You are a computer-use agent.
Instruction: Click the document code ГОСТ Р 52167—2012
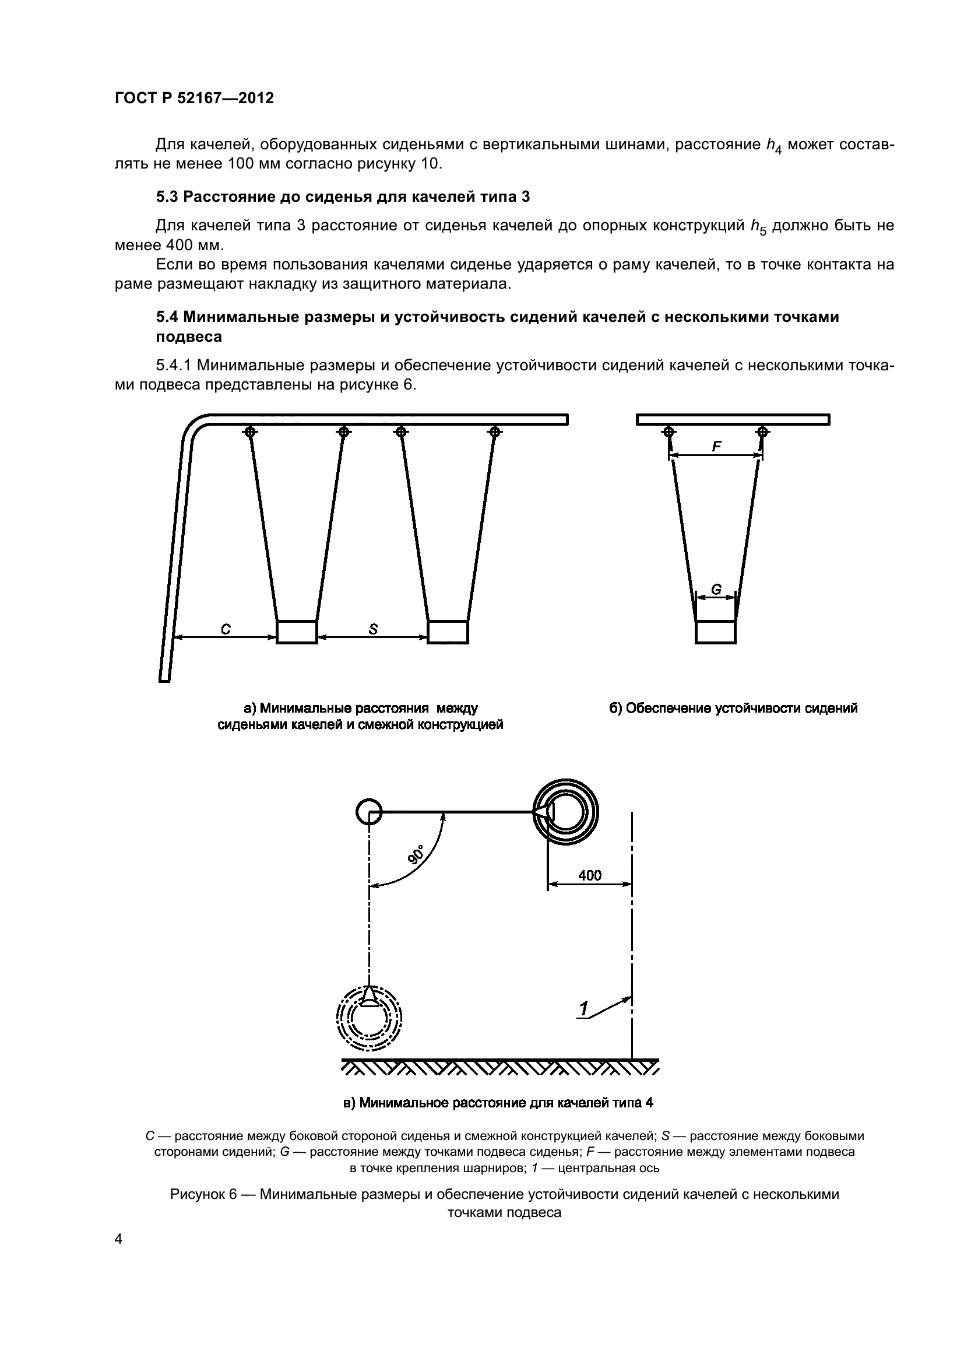pyautogui.click(x=194, y=99)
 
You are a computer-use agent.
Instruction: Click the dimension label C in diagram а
pyautogui.click(x=226, y=629)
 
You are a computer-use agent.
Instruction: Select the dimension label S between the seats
pyautogui.click(x=373, y=629)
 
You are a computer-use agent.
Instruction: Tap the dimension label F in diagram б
pyautogui.click(x=716, y=446)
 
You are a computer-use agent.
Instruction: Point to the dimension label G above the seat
pyautogui.click(x=716, y=590)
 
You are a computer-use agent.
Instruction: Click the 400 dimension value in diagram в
pyautogui.click(x=589, y=875)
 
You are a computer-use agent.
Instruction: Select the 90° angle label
pyautogui.click(x=416, y=854)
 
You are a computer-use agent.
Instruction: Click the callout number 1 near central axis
pyautogui.click(x=584, y=1008)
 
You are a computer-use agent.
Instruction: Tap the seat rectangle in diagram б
pyautogui.click(x=716, y=632)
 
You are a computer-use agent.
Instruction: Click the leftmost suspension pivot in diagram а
pyautogui.click(x=250, y=432)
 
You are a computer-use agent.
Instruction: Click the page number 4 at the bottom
pyautogui.click(x=118, y=1239)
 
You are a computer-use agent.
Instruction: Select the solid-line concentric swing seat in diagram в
pyautogui.click(x=566, y=812)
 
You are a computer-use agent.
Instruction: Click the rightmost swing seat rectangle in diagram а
pyautogui.click(x=448, y=632)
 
